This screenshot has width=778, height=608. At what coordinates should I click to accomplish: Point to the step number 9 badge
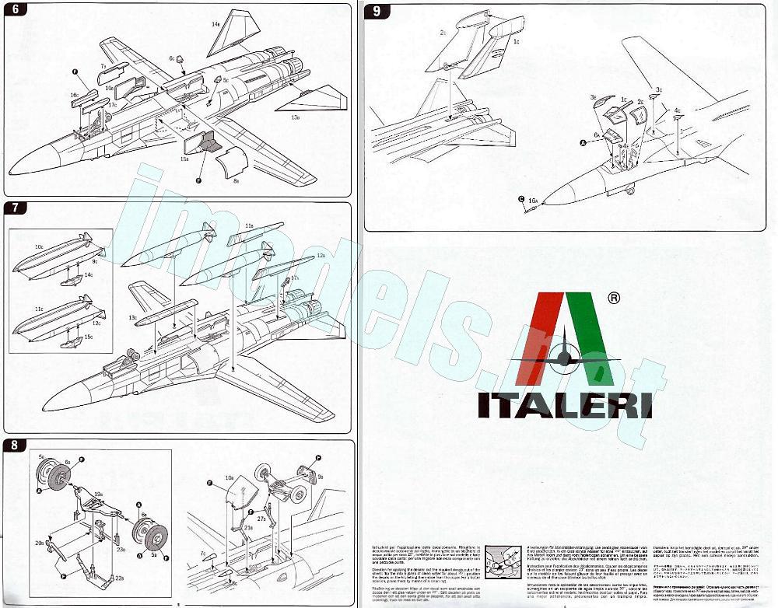(377, 11)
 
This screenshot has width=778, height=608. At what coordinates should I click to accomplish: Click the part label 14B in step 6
(216, 24)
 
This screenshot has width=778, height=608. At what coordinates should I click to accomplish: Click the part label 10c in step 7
(39, 246)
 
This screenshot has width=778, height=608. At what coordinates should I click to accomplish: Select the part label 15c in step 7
(88, 336)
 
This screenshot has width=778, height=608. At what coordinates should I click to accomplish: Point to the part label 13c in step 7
(132, 317)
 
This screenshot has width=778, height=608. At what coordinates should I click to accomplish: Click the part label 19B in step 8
(99, 493)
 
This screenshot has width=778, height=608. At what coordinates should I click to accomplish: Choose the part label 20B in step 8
(39, 543)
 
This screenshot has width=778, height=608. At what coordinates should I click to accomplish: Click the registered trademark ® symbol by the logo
(613, 297)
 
